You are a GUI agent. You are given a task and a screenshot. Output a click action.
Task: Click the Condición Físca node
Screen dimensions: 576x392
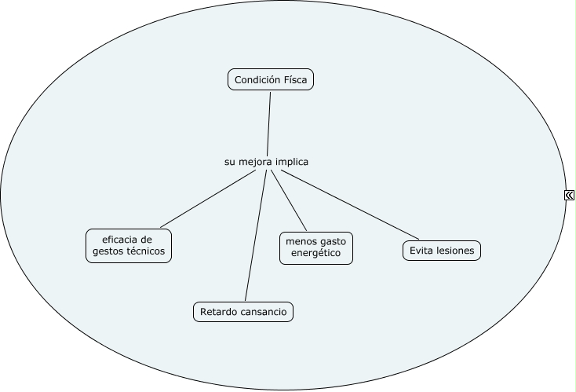click(x=271, y=79)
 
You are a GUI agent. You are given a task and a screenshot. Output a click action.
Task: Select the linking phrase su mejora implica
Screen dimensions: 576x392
click(x=266, y=162)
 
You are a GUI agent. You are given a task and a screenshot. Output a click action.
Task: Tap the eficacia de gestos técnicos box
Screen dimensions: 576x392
click(x=129, y=246)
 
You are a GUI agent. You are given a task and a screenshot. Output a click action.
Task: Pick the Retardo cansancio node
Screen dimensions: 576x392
click(x=243, y=312)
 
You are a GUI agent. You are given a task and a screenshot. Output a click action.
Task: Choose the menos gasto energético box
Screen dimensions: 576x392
click(x=316, y=248)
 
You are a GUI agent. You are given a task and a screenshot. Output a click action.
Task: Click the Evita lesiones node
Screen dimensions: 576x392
click(x=442, y=251)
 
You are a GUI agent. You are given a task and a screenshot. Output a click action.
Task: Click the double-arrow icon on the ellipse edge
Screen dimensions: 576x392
click(x=569, y=195)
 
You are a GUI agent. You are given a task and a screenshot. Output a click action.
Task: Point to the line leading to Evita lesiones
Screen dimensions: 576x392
click(x=350, y=204)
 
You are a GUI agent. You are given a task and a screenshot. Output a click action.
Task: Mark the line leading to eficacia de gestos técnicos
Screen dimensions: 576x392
click(x=208, y=199)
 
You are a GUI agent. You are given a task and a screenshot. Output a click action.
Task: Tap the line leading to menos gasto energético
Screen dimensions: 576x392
click(x=289, y=200)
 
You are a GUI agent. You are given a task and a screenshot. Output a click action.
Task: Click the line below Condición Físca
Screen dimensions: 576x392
click(x=269, y=124)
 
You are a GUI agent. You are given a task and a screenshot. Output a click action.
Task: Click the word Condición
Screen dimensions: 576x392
click(x=253, y=80)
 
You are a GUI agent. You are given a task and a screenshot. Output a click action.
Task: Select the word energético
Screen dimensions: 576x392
click(x=316, y=254)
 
